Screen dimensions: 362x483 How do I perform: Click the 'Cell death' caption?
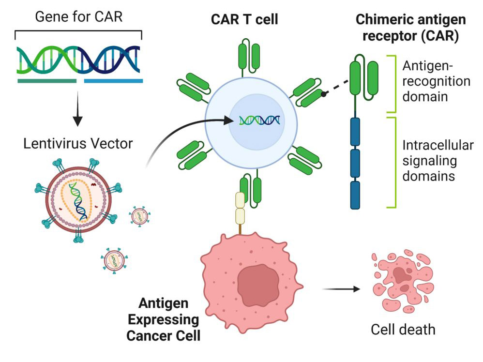click(x=403, y=330)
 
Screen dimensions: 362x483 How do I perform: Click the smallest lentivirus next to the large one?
click(x=138, y=216)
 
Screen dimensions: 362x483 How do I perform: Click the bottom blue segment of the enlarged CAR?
click(x=356, y=195)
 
